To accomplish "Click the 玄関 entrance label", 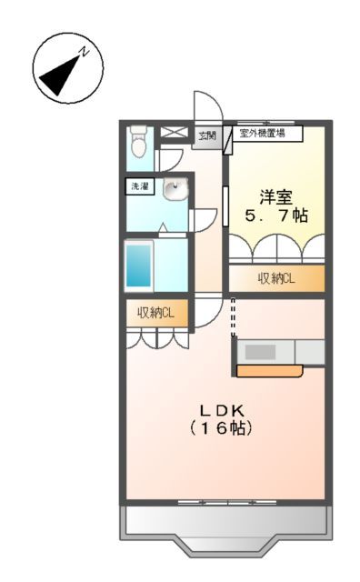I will pos(208,137).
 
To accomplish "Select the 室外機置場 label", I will pos(263,133).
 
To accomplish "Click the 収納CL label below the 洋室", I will pos(275,278).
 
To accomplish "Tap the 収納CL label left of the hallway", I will pos(156,314).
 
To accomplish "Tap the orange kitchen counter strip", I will pos(269,370).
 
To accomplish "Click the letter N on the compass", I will pos(83,52).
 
